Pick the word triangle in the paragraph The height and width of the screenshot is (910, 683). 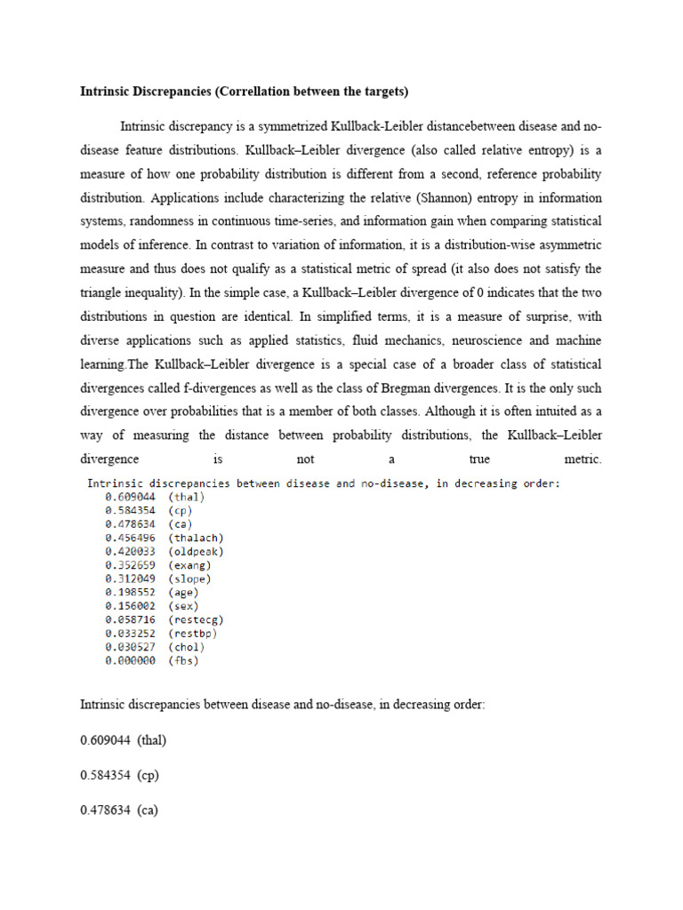[107, 292]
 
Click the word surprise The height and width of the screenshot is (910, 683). [542, 316]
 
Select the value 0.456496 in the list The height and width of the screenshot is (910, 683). [130, 538]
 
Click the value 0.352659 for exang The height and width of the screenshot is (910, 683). [130, 565]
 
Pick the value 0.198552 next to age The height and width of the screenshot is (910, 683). [130, 592]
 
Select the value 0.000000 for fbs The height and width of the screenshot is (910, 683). [130, 660]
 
